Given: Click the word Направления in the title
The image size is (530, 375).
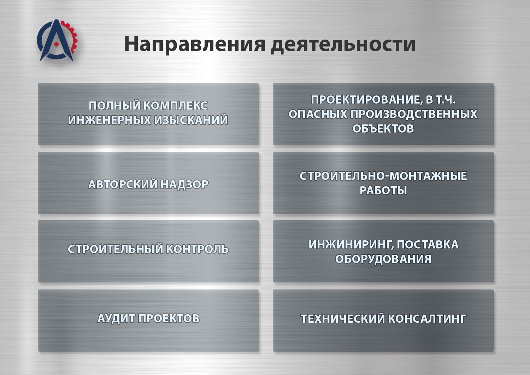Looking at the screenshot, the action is tap(195, 44).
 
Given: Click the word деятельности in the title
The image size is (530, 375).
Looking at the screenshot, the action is tap(343, 44).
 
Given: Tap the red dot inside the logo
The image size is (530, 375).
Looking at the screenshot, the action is tap(56, 44).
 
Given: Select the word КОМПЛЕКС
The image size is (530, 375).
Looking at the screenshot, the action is tap(176, 106).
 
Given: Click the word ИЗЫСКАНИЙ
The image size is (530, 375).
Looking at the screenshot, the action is tap(191, 120).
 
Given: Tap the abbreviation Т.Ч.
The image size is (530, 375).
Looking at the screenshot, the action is tap(446, 99).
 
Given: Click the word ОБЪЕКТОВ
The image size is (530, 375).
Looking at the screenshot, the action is tap(383, 129).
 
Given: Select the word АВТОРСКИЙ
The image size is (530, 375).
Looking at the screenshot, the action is tap(123, 184).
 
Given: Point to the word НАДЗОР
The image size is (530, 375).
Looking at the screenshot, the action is tap(184, 184).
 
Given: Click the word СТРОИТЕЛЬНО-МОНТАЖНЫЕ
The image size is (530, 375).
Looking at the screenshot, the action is tap(383, 176).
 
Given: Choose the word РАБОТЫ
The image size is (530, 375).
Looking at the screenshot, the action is tap(383, 191).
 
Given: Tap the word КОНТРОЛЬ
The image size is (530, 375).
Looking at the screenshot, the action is tap(197, 249).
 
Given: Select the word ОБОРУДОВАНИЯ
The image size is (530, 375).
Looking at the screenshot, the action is tap(383, 259).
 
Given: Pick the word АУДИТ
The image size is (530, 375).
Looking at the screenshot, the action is tap(116, 318).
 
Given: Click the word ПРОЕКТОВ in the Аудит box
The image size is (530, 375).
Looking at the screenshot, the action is tap(169, 318).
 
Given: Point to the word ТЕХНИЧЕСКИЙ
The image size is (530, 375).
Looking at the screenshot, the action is tap(343, 319).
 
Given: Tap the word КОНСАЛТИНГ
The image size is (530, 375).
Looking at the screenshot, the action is tap(427, 319).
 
